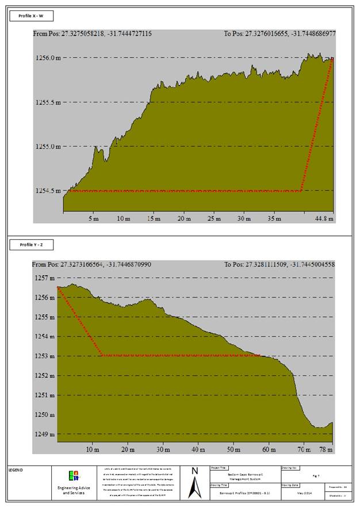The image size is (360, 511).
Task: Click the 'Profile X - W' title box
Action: pyautogui.click(x=32, y=16)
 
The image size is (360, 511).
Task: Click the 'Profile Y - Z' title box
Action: pyautogui.click(x=32, y=245)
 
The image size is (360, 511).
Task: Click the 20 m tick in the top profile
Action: pyautogui.click(x=183, y=219)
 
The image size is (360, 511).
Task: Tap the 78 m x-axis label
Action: pyautogui.click(x=326, y=449)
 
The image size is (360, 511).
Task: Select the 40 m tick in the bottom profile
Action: pyautogui.click(x=198, y=449)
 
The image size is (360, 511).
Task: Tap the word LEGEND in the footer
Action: pyautogui.click(x=16, y=470)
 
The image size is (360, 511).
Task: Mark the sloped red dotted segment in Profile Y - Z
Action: pyautogui.click(x=79, y=321)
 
